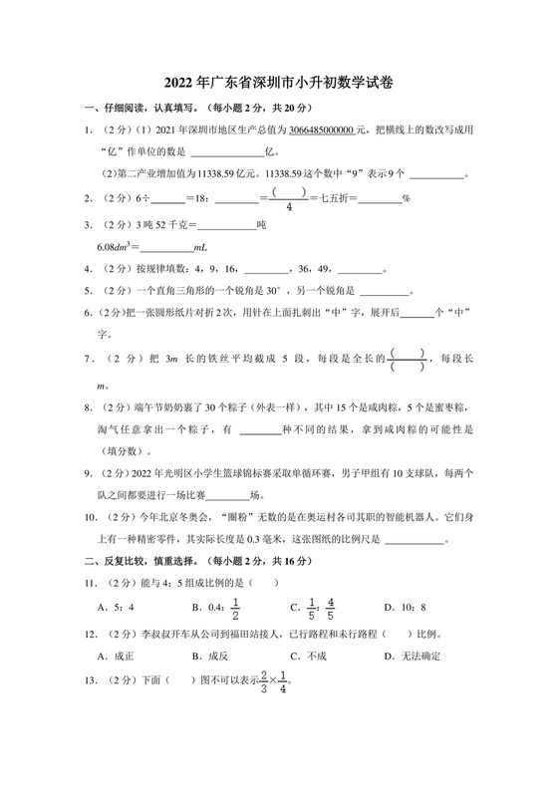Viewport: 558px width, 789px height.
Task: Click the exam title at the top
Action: [x=279, y=86]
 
